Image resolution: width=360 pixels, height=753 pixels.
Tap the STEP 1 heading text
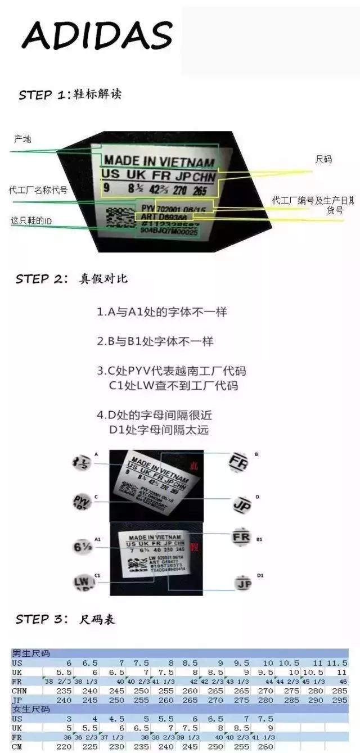[70, 94]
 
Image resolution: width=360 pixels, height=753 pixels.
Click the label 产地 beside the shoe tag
[22, 139]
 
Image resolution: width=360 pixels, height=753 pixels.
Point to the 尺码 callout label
[323, 160]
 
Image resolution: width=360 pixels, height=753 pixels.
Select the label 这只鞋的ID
[31, 221]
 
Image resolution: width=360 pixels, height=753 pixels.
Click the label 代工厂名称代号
[38, 190]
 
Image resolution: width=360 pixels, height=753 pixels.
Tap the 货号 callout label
[335, 210]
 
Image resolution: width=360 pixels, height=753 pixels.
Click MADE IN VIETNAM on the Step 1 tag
[159, 161]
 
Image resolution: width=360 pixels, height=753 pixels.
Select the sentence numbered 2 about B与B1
[155, 341]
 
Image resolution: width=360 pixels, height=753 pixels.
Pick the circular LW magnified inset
[82, 581]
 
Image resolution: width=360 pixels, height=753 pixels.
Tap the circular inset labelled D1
[243, 584]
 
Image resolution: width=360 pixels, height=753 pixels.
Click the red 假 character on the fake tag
[194, 545]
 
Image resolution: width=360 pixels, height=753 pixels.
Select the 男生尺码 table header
[31, 653]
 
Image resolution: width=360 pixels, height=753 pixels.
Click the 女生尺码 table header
[31, 709]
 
